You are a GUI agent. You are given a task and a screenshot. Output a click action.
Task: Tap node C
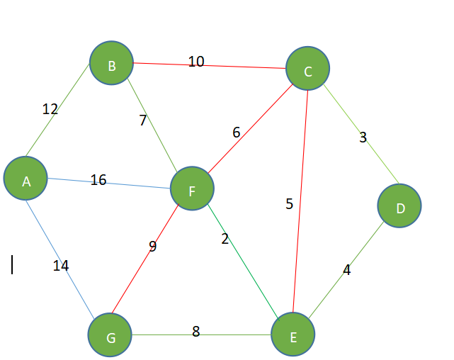coord(307,69)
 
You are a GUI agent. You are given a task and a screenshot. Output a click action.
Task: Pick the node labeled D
coord(399,206)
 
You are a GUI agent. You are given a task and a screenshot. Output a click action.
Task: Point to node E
coord(293,335)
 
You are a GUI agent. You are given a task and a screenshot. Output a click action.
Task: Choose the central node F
coord(191,189)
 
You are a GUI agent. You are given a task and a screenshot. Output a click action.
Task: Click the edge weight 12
coord(50,109)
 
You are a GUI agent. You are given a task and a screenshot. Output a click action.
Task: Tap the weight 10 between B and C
coord(196,62)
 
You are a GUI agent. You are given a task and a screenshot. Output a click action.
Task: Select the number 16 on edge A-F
coord(98,180)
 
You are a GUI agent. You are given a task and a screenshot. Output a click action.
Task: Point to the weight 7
coord(142,120)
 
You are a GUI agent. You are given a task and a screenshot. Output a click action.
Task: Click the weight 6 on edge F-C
coord(237,133)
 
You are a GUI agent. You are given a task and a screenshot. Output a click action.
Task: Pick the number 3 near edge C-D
coord(363,137)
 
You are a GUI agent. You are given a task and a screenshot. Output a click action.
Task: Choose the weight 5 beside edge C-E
coord(289,204)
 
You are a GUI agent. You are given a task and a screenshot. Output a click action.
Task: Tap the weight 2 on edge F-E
coord(225,239)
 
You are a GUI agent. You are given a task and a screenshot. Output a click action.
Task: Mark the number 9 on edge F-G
coord(152,247)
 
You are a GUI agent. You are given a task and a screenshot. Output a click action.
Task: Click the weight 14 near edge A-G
coord(61,266)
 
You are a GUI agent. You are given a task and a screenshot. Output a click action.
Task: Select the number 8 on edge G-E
coord(196,330)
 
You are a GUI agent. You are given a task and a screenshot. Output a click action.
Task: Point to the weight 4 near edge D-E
coord(346,269)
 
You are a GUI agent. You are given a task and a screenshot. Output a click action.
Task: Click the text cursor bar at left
coord(12,264)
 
